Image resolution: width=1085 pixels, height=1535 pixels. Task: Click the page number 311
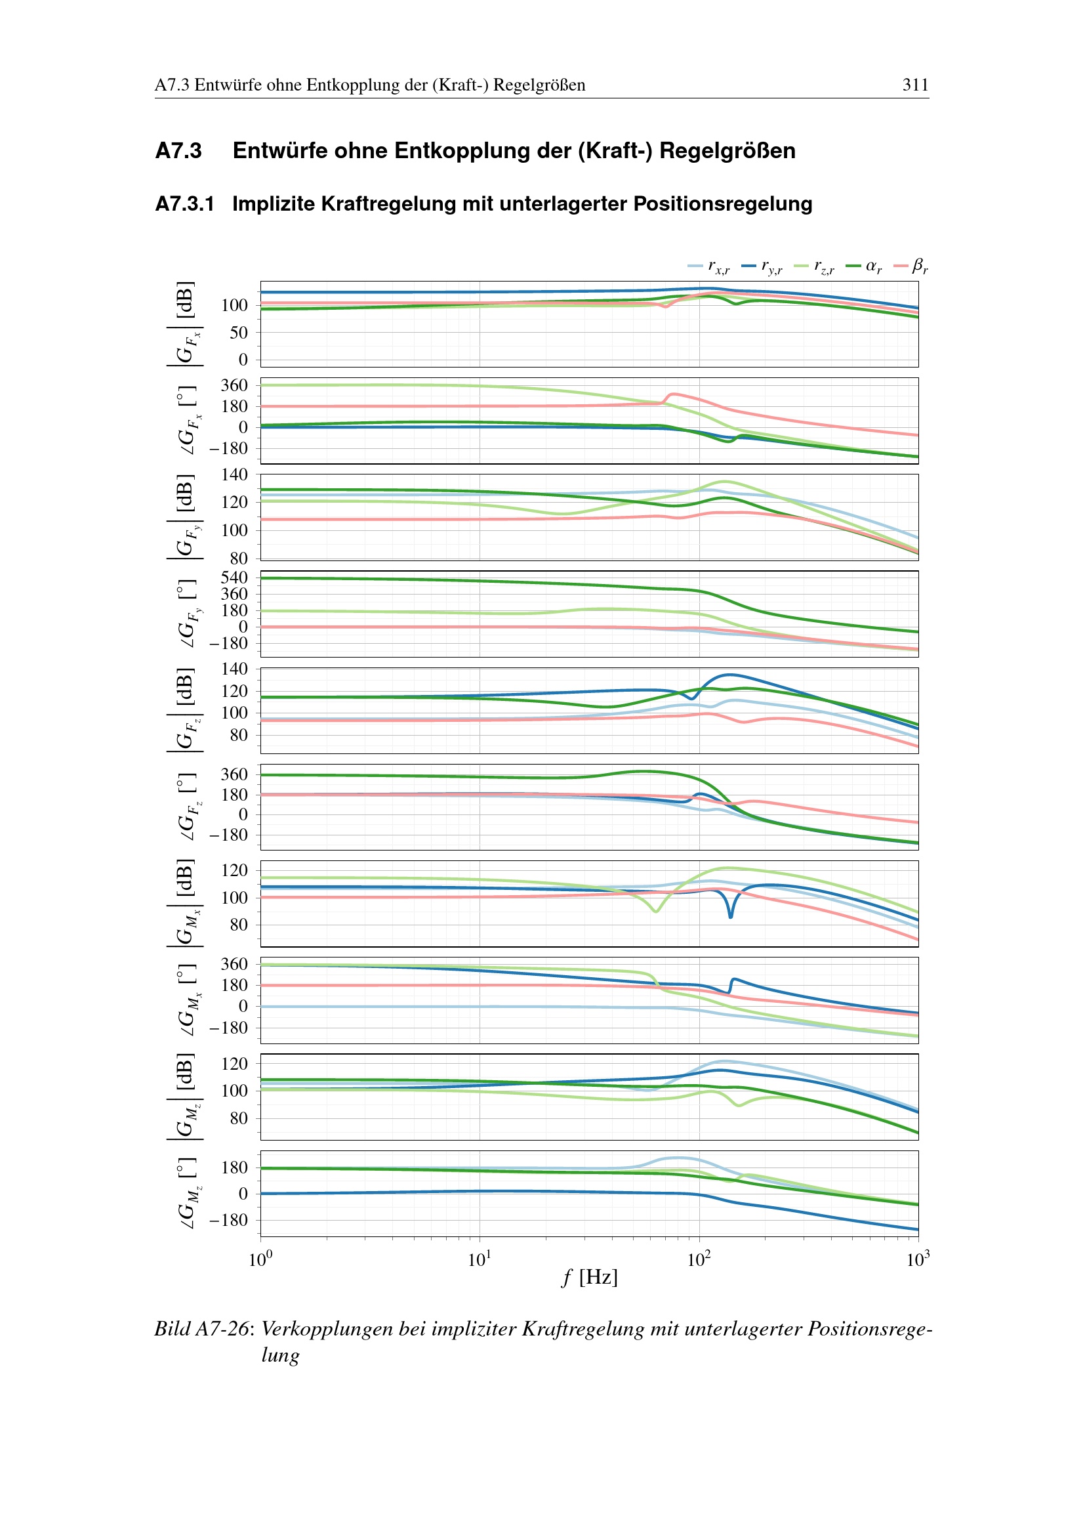tap(914, 85)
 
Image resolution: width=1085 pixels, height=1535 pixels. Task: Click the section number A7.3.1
tap(184, 204)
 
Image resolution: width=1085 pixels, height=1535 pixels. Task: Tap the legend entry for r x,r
tap(709, 266)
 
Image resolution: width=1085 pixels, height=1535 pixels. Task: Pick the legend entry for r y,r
tap(762, 266)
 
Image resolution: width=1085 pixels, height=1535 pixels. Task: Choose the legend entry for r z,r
tap(815, 266)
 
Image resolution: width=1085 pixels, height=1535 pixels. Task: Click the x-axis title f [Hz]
tap(589, 1277)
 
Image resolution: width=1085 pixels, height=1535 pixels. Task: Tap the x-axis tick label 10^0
tap(260, 1259)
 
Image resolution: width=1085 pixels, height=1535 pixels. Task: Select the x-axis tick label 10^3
tap(918, 1259)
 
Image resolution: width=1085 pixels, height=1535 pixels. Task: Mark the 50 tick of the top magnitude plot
tap(239, 332)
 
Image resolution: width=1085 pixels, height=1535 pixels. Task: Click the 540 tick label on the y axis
tap(234, 578)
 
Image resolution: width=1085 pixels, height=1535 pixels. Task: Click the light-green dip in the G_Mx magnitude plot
tap(656, 910)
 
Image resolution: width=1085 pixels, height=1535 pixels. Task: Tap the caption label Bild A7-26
tap(202, 1328)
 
